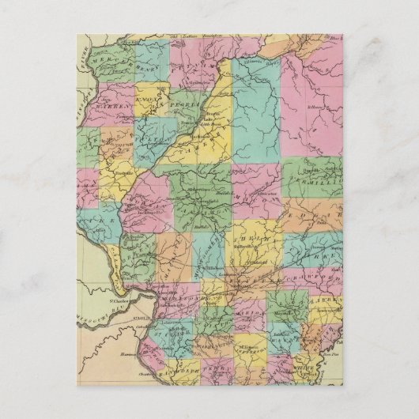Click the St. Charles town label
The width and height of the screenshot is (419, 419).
pyautogui.click(x=117, y=300)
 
